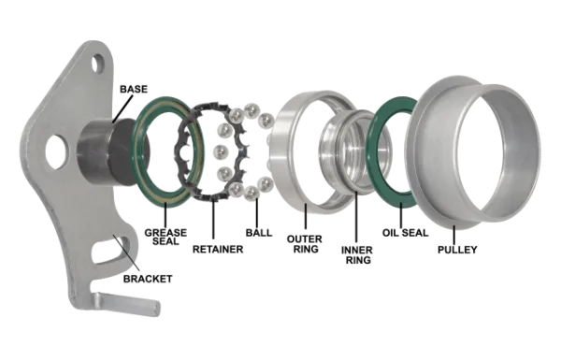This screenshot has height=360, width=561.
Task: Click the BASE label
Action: tap(134, 89)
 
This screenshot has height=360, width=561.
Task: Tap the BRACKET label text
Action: tap(148, 279)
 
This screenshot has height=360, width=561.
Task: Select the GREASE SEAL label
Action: tap(165, 237)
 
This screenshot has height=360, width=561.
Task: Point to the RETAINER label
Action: tap(218, 249)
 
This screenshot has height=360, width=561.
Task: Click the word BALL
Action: tap(259, 233)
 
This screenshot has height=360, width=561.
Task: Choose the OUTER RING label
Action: tap(305, 244)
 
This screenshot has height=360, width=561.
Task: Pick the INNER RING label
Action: tap(357, 254)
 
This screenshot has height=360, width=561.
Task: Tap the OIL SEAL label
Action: tap(406, 233)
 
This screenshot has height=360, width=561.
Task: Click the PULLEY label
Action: tap(457, 250)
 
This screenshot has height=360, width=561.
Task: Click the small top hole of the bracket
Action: tap(97, 64)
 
